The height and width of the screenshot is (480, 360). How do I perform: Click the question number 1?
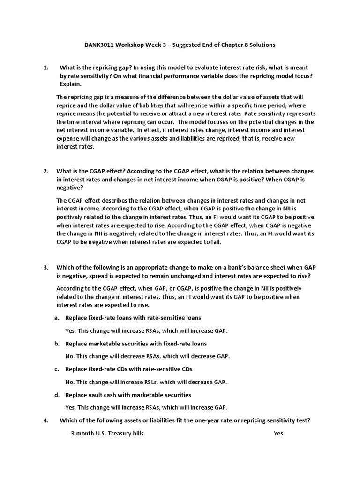(x=46, y=68)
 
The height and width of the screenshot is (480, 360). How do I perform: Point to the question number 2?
(x=46, y=172)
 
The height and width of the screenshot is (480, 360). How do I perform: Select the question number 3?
(x=46, y=268)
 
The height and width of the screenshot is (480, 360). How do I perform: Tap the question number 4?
(x=46, y=420)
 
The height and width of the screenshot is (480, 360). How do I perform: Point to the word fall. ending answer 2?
(x=214, y=242)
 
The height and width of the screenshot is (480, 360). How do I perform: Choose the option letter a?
(x=56, y=318)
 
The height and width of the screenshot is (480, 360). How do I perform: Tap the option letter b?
(x=56, y=344)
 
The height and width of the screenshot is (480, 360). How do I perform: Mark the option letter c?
(x=56, y=369)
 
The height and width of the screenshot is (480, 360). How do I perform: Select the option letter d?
(x=56, y=395)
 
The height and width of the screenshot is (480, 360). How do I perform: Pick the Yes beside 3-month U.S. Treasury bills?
(x=278, y=434)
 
